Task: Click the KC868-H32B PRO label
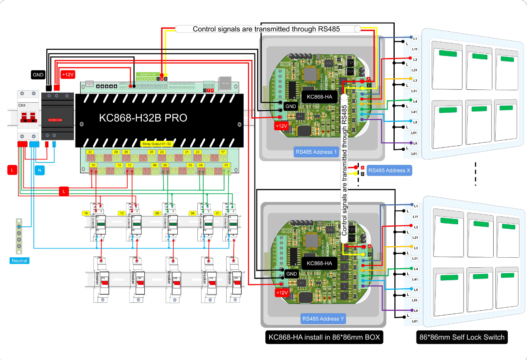(143, 118)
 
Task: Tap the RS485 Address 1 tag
(315, 152)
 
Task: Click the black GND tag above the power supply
(38, 75)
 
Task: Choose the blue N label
(39, 170)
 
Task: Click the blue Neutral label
(19, 261)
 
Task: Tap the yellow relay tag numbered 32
(90, 152)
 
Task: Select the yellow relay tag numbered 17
(223, 152)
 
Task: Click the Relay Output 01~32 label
(156, 144)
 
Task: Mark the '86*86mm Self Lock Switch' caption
(461, 337)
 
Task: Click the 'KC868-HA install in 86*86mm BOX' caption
(324, 337)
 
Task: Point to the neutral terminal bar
(18, 236)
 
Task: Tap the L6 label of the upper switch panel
(415, 143)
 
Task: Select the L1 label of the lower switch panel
(415, 206)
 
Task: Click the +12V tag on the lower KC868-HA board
(282, 293)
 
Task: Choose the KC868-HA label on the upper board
(319, 97)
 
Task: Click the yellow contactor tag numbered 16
(86, 213)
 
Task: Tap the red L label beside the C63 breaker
(12, 170)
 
